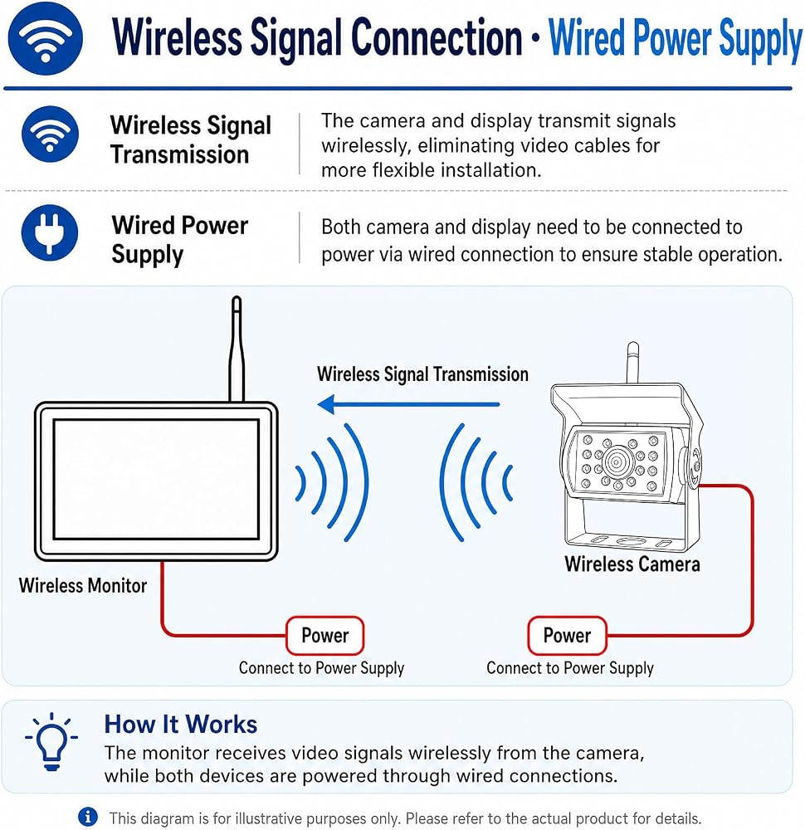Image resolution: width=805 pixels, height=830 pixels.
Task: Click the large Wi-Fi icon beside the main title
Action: point(46,38)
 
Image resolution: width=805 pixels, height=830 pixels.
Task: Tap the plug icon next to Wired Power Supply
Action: point(50,232)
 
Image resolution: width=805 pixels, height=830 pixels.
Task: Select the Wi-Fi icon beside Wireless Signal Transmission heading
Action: point(50,134)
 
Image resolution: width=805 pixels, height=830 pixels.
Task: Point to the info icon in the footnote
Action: point(88,816)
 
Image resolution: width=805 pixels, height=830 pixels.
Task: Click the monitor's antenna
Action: point(237,349)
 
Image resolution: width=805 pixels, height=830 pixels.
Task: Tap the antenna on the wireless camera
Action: point(633,364)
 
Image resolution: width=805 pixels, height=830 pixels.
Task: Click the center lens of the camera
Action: point(617,461)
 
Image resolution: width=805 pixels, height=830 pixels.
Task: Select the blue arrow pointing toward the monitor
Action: point(408,404)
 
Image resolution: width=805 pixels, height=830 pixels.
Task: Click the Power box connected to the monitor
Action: point(325,635)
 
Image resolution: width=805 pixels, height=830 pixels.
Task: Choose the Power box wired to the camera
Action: point(567,635)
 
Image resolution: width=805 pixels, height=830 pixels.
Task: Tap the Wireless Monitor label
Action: point(82,585)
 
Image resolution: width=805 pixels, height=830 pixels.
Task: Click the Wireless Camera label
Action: point(632,564)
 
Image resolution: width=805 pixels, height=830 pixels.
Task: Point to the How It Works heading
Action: point(180,724)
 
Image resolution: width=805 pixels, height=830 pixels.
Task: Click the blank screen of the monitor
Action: point(156,480)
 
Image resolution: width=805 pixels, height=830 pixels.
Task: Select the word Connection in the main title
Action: point(437,38)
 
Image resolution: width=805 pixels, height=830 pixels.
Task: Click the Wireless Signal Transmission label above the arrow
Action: point(423,374)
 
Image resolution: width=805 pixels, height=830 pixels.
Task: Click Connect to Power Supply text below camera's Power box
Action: point(570,668)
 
